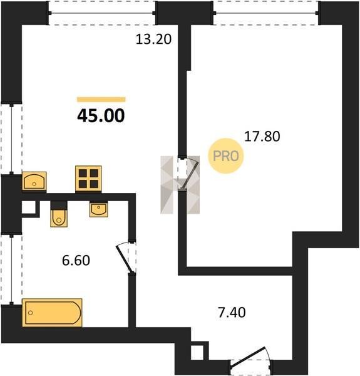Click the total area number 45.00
coord(101,115)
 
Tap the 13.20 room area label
coord(153,39)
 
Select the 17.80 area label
coord(262,136)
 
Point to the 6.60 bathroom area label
coord(76,261)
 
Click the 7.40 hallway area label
coord(232,313)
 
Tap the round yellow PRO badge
coord(225,156)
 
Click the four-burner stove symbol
coord(88,179)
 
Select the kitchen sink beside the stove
coord(34,181)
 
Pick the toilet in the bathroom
coord(59,214)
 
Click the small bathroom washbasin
coord(99,209)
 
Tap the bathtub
coord(52,313)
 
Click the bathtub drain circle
coord(31,313)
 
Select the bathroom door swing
coord(125,258)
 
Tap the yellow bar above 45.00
coord(101,100)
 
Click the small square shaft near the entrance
coord(198,352)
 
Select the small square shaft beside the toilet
coord(29,207)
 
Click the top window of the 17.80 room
coord(266,13)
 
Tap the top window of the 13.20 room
coord(102,13)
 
